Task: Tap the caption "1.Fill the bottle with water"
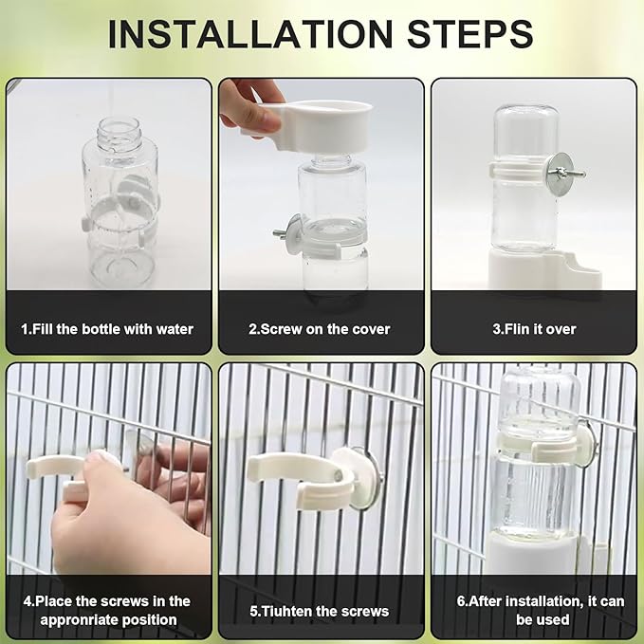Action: point(107,329)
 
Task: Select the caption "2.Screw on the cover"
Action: point(320,329)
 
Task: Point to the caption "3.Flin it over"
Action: point(533,329)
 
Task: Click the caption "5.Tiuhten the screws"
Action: point(320,611)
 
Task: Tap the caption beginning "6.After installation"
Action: point(533,609)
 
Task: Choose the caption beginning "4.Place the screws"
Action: point(107,609)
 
